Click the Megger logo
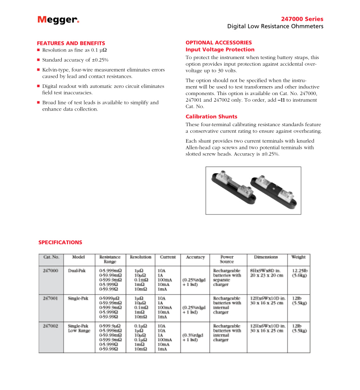tap(58, 20)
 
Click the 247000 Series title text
tap(302, 19)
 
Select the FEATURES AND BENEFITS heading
tap(71, 43)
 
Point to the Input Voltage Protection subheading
tap(220, 50)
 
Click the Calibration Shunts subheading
tap(211, 117)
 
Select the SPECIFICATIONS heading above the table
tap(60, 243)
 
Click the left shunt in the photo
tap(233, 189)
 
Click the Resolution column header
tap(140, 257)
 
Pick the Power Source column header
tap(227, 259)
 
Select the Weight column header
tap(298, 257)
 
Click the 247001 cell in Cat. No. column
tap(50, 298)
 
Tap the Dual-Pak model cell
tap(76, 270)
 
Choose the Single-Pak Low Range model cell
tap(79, 328)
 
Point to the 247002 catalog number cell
tap(50, 326)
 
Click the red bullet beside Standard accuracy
tap(38, 60)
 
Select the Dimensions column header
tap(266, 257)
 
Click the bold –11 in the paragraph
tap(281, 100)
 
